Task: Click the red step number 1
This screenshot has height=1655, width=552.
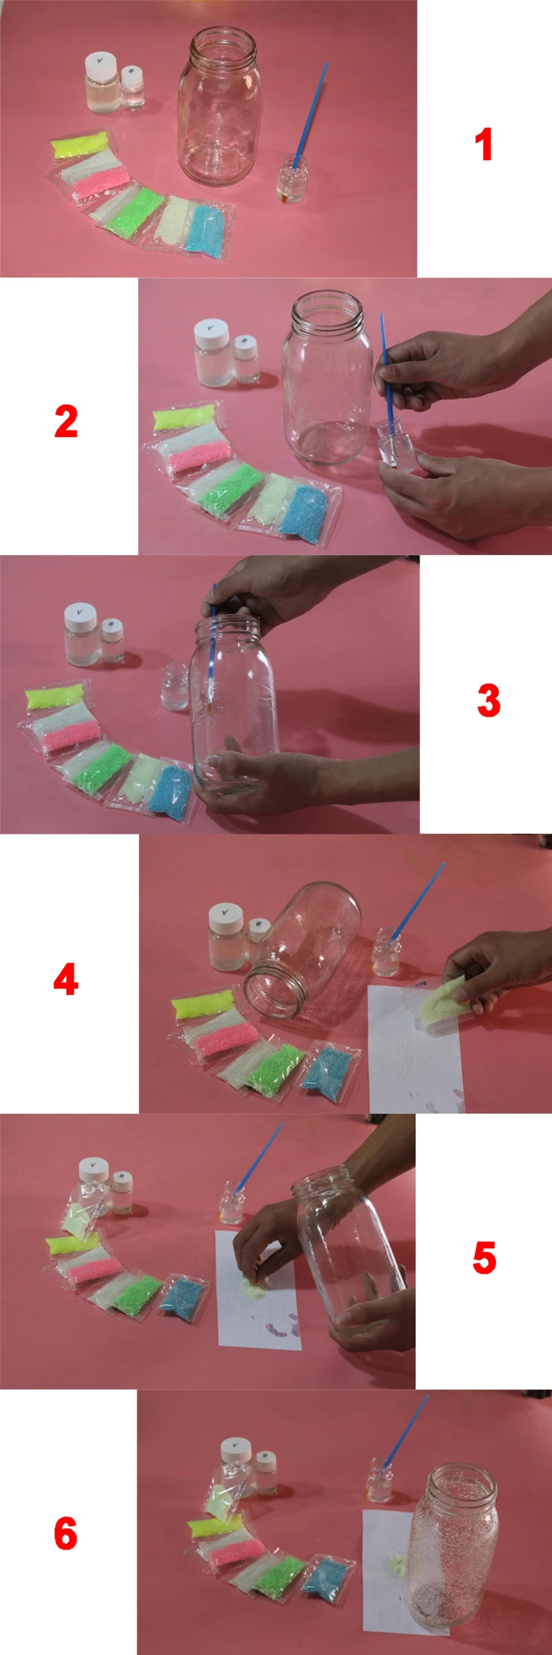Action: point(484,145)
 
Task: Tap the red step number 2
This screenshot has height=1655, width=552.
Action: point(66,421)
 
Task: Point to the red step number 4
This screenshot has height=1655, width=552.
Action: point(66,979)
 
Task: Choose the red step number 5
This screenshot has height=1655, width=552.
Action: point(484,1257)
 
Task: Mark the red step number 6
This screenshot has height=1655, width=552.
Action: point(66,1534)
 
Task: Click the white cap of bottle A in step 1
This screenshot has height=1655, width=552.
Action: point(101,63)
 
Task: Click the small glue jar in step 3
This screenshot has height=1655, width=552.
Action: point(175,687)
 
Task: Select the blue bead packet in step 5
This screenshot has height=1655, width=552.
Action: point(184,1296)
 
